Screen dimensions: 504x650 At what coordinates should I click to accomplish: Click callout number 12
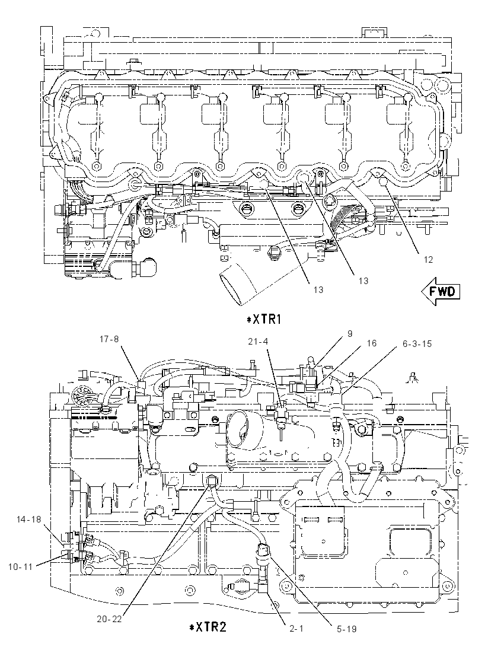coord(428,260)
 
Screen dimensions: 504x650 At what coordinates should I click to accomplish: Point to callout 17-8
coord(109,339)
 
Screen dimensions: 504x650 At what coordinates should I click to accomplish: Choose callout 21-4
coord(258,341)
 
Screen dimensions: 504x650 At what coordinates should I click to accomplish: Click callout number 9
coord(350,334)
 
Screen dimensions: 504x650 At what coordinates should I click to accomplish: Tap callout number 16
coord(371,343)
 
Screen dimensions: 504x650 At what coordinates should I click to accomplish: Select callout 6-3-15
coord(416,343)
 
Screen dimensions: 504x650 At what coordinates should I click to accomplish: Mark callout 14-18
coord(29,519)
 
